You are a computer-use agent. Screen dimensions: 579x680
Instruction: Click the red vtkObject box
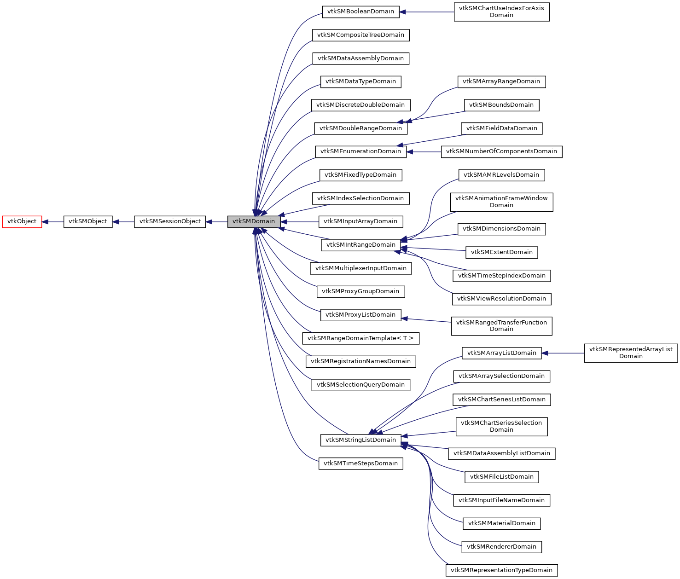click(22, 221)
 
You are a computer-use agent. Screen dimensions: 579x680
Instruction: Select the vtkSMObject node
click(88, 221)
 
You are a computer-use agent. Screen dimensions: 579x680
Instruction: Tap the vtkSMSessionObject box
click(170, 221)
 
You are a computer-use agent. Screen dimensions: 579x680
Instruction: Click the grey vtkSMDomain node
click(254, 221)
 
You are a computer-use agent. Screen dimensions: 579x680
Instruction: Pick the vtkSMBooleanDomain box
click(360, 12)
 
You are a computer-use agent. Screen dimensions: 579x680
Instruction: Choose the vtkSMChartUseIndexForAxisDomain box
click(501, 12)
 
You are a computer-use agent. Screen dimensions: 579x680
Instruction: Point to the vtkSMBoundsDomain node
click(501, 105)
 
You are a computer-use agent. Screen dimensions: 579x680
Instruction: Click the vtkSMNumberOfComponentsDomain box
click(501, 151)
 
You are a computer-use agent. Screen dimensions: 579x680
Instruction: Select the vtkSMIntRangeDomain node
click(360, 245)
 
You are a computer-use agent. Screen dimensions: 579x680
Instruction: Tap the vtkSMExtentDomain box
click(501, 252)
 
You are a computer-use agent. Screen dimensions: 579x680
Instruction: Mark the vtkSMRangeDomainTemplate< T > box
click(360, 338)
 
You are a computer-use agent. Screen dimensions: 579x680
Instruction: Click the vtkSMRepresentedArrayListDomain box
click(631, 353)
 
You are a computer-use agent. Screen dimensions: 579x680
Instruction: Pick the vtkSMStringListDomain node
click(360, 440)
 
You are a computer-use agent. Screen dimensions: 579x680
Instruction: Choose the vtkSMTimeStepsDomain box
click(360, 463)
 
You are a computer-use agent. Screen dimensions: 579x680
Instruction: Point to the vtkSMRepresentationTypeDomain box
click(501, 570)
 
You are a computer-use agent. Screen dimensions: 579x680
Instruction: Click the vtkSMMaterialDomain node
click(501, 523)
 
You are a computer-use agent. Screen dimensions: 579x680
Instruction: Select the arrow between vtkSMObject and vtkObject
click(53, 221)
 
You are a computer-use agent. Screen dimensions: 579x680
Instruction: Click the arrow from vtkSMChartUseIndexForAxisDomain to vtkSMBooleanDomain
click(426, 12)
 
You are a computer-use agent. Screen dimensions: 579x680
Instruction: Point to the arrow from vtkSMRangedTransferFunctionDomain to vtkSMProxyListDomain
click(426, 320)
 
